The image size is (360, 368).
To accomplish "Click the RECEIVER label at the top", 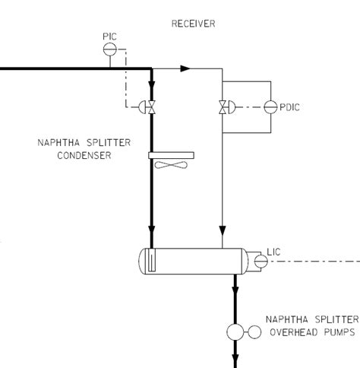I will pyautogui.click(x=194, y=24).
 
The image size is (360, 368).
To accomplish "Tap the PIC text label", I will pyautogui.click(x=109, y=36).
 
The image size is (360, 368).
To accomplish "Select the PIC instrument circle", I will pyautogui.click(x=109, y=48).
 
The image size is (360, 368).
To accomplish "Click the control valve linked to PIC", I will pyautogui.click(x=152, y=107).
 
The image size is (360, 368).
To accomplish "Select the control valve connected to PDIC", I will pyautogui.click(x=222, y=106).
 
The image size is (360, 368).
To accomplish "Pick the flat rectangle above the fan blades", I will pyautogui.click(x=171, y=156).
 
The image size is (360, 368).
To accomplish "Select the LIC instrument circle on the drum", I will pyautogui.click(x=260, y=260).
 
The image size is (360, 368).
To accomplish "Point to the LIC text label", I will pyautogui.click(x=275, y=252).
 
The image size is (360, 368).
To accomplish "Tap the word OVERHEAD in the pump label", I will pyautogui.click(x=292, y=332).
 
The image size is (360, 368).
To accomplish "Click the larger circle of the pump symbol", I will pyautogui.click(x=235, y=332).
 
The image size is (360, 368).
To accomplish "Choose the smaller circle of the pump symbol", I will pyautogui.click(x=254, y=332).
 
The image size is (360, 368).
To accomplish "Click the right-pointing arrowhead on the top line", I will pyautogui.click(x=184, y=68).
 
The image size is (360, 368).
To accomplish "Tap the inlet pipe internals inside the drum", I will pyautogui.click(x=152, y=259).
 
